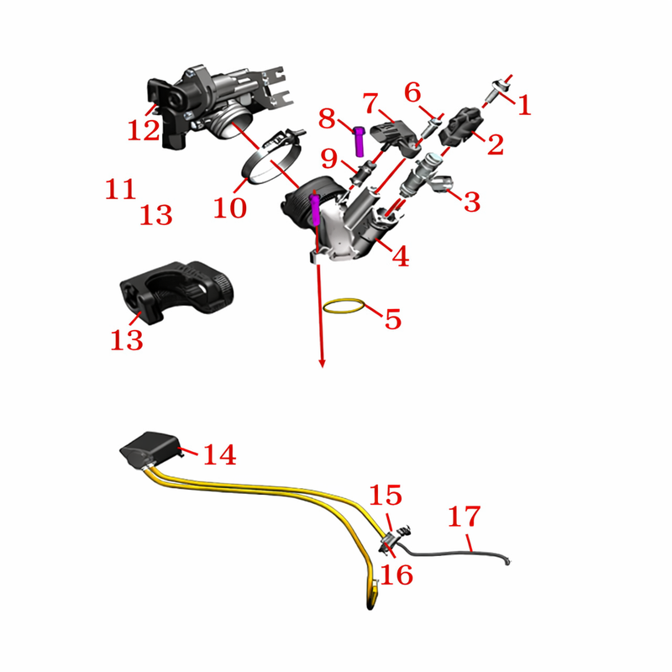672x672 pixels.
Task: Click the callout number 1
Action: coord(524,106)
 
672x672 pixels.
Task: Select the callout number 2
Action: coord(496,144)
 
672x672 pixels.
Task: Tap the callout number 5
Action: coord(393,319)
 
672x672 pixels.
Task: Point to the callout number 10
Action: coord(230,208)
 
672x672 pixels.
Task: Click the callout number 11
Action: coord(120,189)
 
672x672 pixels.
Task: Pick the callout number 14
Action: coord(219,454)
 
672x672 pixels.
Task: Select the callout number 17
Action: coord(465,516)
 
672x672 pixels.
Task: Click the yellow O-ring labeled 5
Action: coord(344,306)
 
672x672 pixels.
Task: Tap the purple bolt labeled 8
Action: coord(360,141)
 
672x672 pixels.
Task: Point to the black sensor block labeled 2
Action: coord(461,128)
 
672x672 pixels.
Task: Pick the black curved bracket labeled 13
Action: coord(176,291)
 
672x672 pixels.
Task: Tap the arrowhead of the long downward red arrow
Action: coord(322,364)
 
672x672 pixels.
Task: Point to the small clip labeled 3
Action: coord(439,183)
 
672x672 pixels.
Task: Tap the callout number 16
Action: coord(396,575)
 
